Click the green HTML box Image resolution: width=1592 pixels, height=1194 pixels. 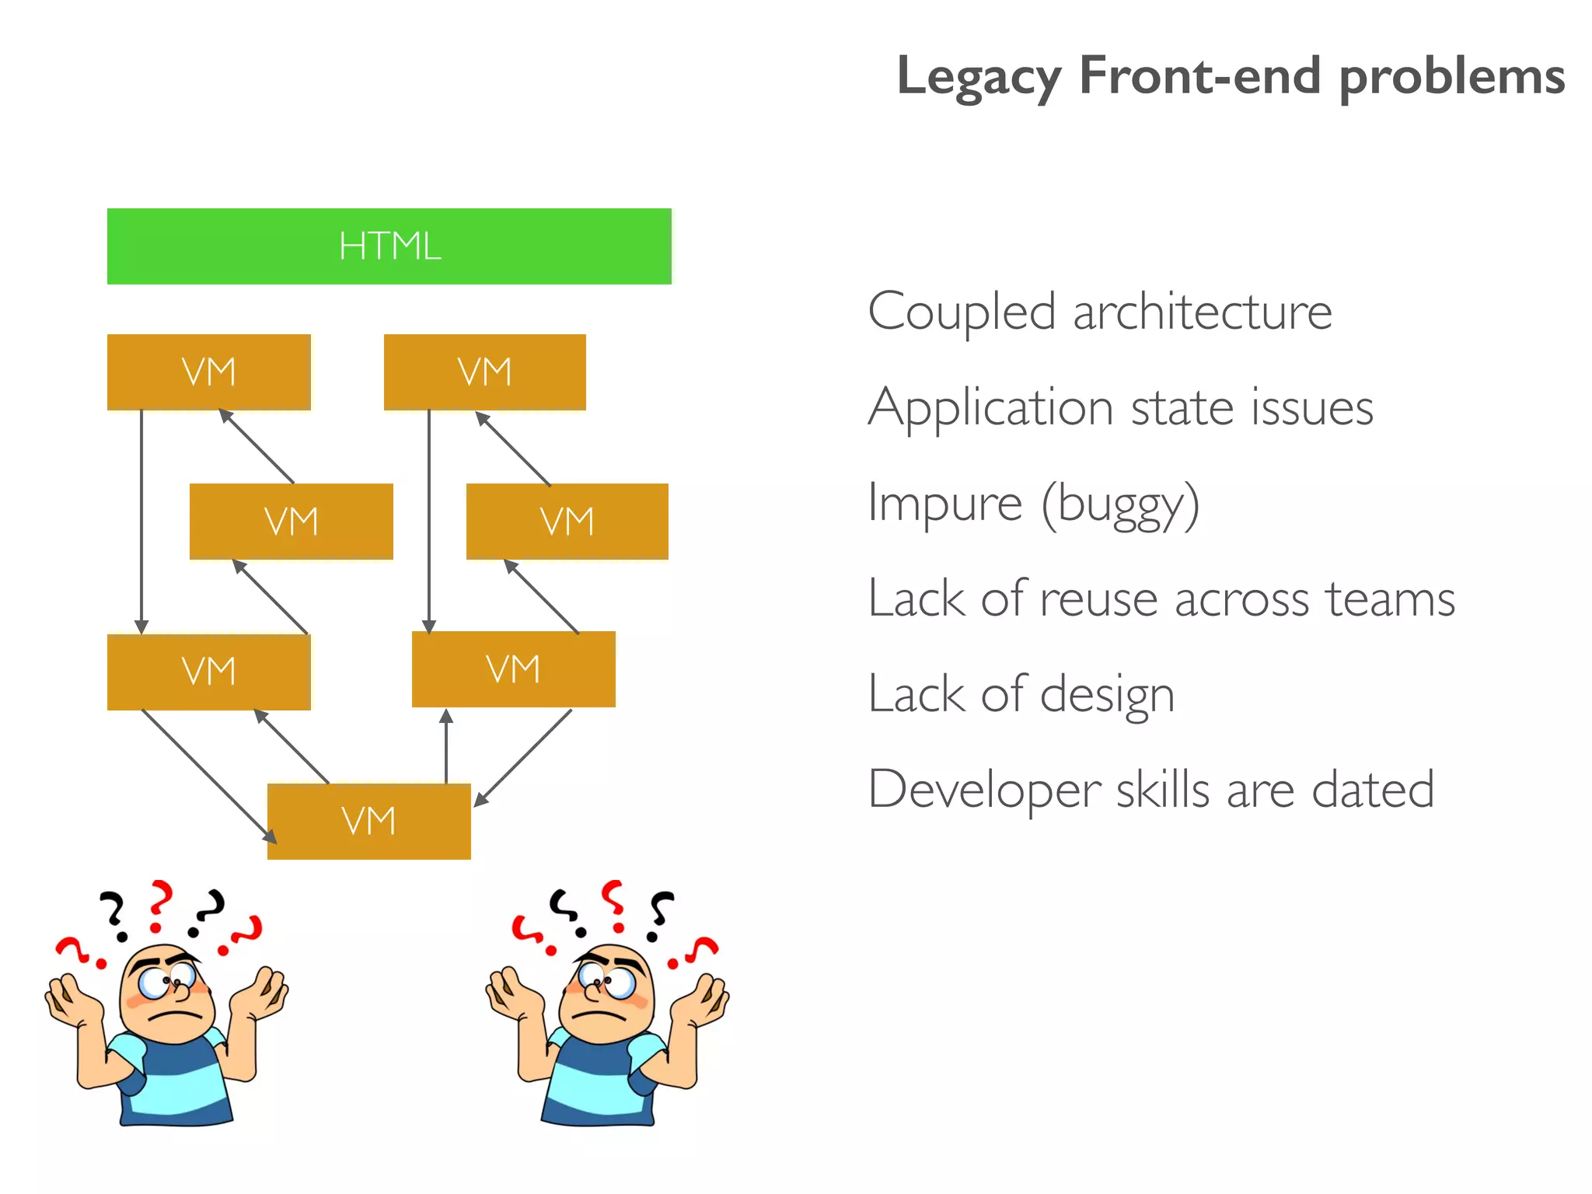(x=389, y=246)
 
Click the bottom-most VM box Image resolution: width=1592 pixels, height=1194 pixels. (x=368, y=821)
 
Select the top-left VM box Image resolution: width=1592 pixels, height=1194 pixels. (x=208, y=372)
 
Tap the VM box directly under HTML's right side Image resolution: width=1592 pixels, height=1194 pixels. (x=484, y=372)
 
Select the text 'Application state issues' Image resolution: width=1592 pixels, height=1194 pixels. (x=1120, y=408)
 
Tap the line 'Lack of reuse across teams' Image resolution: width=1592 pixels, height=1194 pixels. (x=1161, y=599)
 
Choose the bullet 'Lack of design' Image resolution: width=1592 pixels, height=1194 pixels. (x=1021, y=694)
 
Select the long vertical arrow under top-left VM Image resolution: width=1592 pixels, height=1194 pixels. (x=141, y=521)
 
